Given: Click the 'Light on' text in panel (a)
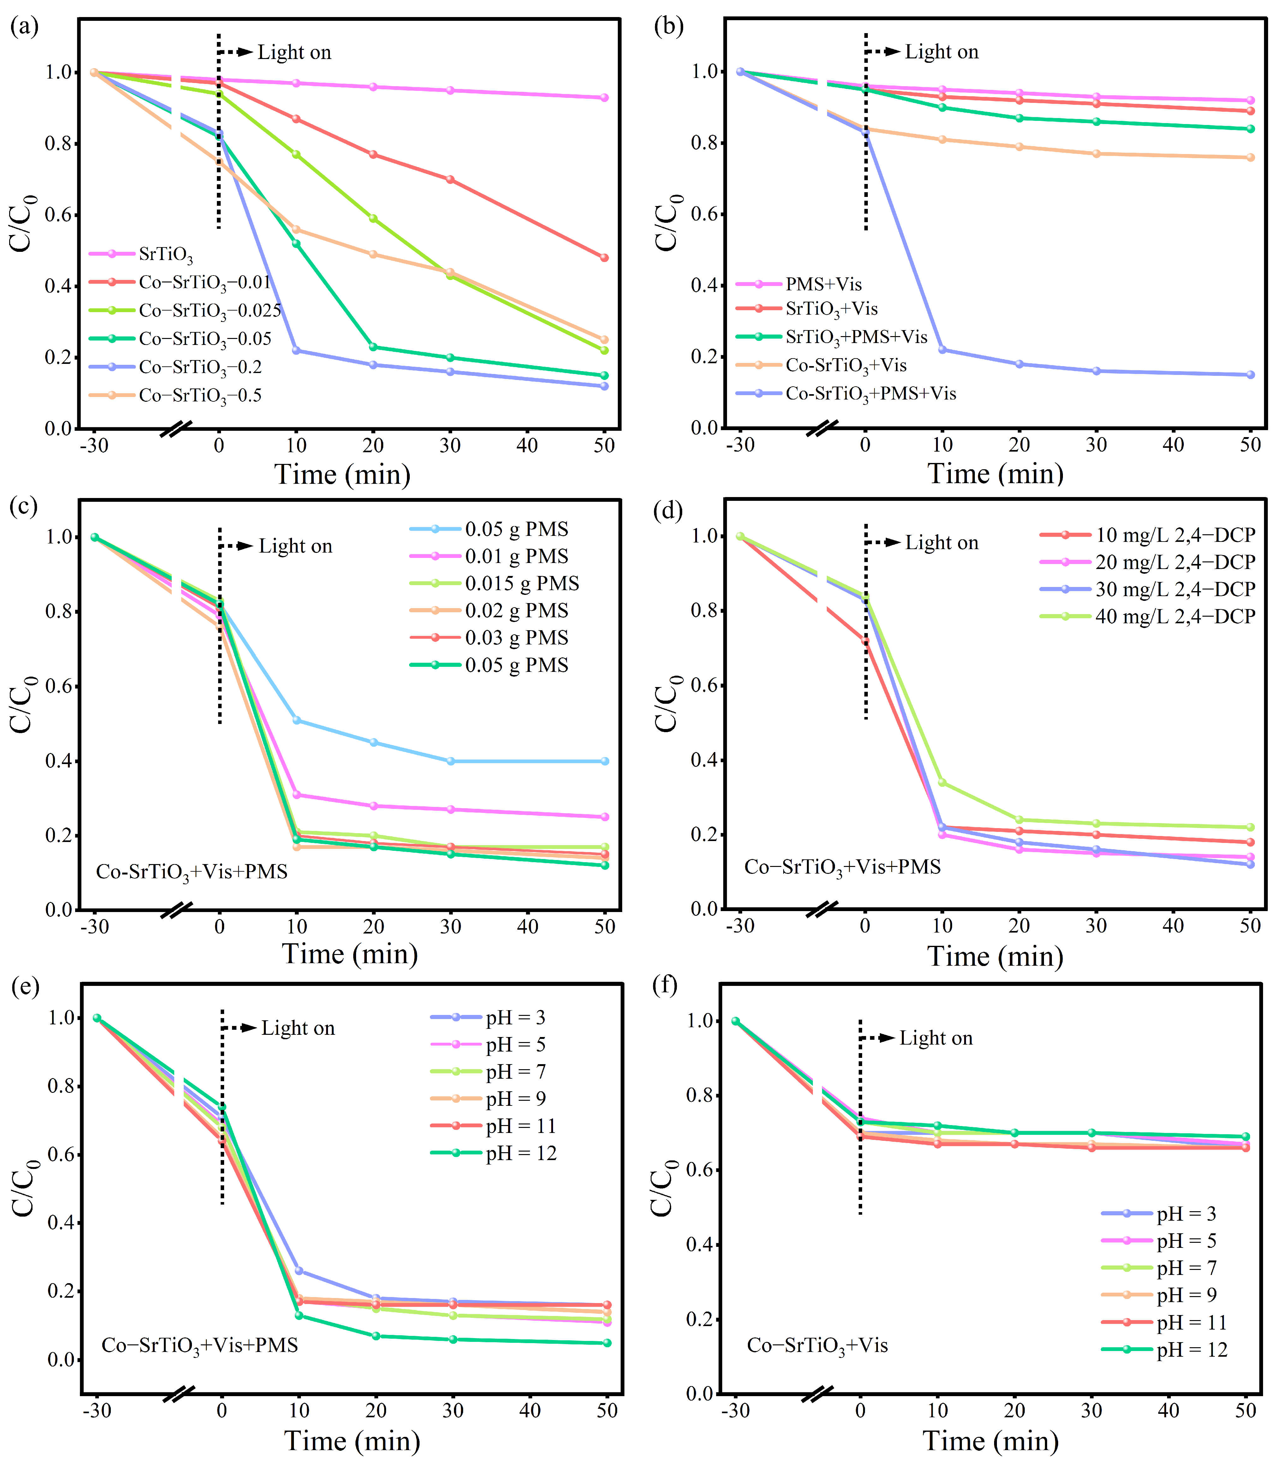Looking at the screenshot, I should tap(294, 53).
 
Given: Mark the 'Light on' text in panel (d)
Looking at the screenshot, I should tap(941, 543).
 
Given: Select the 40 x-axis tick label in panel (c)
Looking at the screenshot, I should tap(528, 927).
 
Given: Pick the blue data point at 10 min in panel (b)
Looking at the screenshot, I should tap(942, 349).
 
